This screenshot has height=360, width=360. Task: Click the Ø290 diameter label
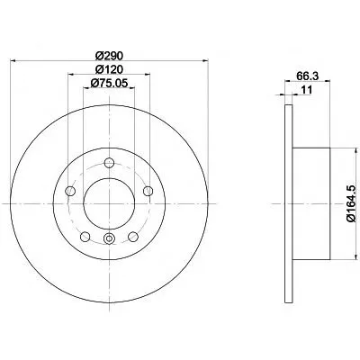(x=109, y=56)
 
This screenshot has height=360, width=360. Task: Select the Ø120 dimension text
(x=109, y=69)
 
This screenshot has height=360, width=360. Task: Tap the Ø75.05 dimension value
(x=109, y=83)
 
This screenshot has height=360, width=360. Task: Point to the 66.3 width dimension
(x=307, y=76)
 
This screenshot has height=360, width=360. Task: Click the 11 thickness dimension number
(x=307, y=90)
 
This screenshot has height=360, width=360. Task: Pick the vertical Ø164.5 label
(x=351, y=203)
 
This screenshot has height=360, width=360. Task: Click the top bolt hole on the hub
(x=109, y=163)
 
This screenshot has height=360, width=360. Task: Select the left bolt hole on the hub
(x=70, y=191)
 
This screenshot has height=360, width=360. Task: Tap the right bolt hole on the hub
(x=148, y=191)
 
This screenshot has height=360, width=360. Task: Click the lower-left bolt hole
(x=85, y=237)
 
